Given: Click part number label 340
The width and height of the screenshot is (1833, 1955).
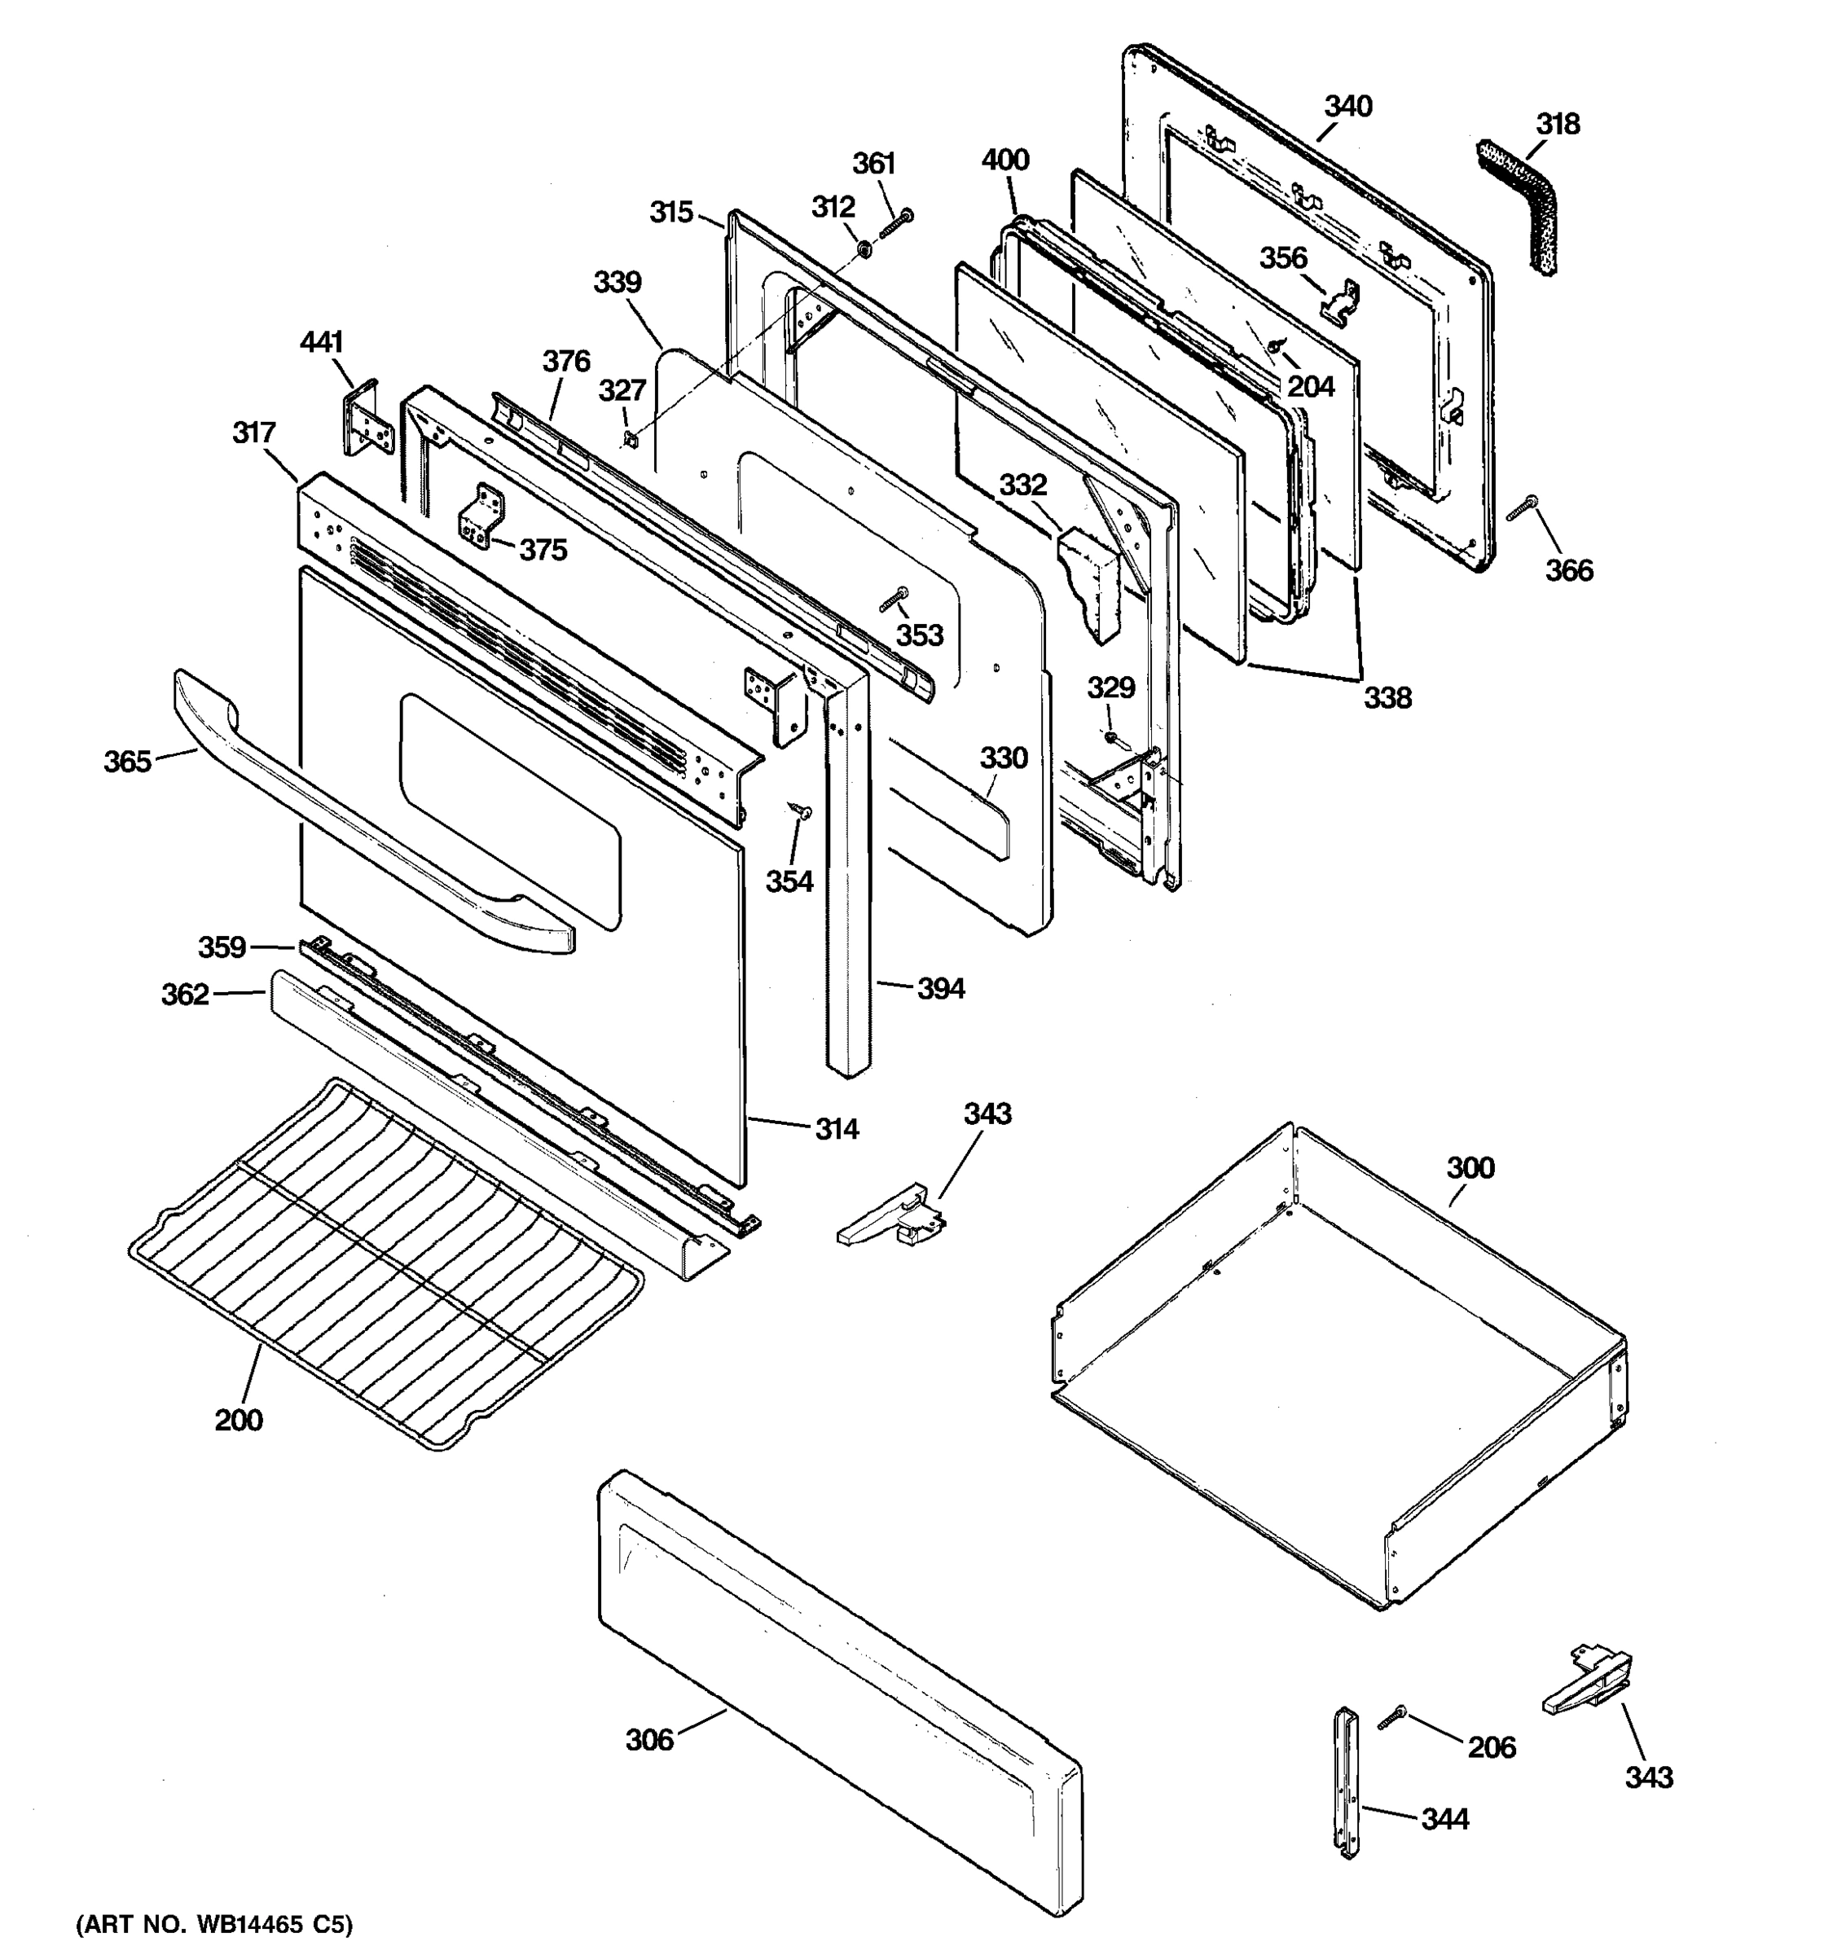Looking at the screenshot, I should coord(1347,106).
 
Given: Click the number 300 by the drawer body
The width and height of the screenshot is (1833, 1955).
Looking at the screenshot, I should coord(1470,1167).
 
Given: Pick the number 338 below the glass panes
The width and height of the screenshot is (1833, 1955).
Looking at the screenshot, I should coord(1387,697).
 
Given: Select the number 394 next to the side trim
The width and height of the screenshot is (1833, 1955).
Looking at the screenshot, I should coord(941,988).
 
